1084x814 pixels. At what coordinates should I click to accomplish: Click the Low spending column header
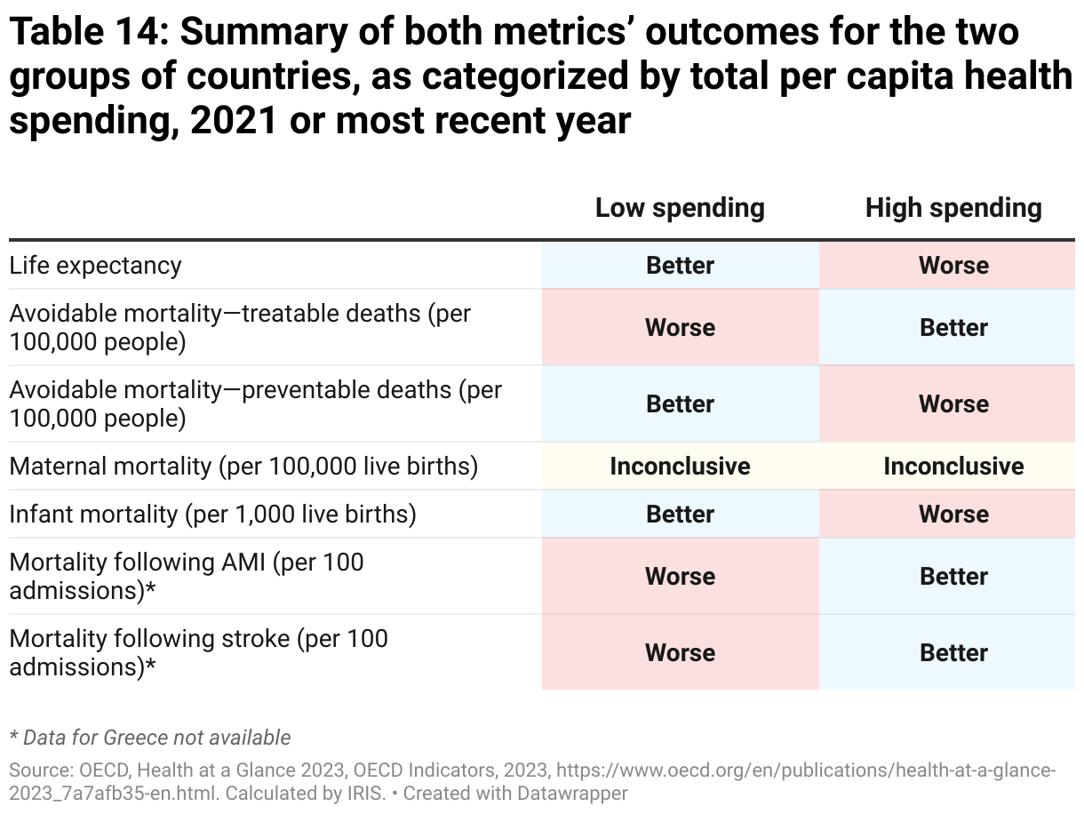pos(680,208)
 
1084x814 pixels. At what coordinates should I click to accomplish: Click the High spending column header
pos(953,208)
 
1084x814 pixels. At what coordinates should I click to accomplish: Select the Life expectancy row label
pos(96,266)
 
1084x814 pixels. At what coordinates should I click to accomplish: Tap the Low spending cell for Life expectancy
pos(680,266)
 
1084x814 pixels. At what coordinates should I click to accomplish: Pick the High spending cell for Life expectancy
pos(953,266)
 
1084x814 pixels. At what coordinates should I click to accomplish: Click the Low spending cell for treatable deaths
pos(680,328)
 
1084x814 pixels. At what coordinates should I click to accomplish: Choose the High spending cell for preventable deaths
pos(953,404)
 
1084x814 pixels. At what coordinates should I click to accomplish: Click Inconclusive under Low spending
pos(680,467)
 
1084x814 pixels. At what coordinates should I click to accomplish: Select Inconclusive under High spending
pos(953,467)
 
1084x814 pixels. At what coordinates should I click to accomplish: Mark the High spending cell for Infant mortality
pos(953,515)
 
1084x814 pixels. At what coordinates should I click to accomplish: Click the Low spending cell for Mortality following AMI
pos(680,577)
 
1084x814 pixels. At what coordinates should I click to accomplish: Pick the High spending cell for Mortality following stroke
pos(953,653)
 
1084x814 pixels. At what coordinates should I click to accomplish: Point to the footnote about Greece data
pos(150,737)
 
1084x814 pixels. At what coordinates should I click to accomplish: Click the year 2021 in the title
pos(234,120)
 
